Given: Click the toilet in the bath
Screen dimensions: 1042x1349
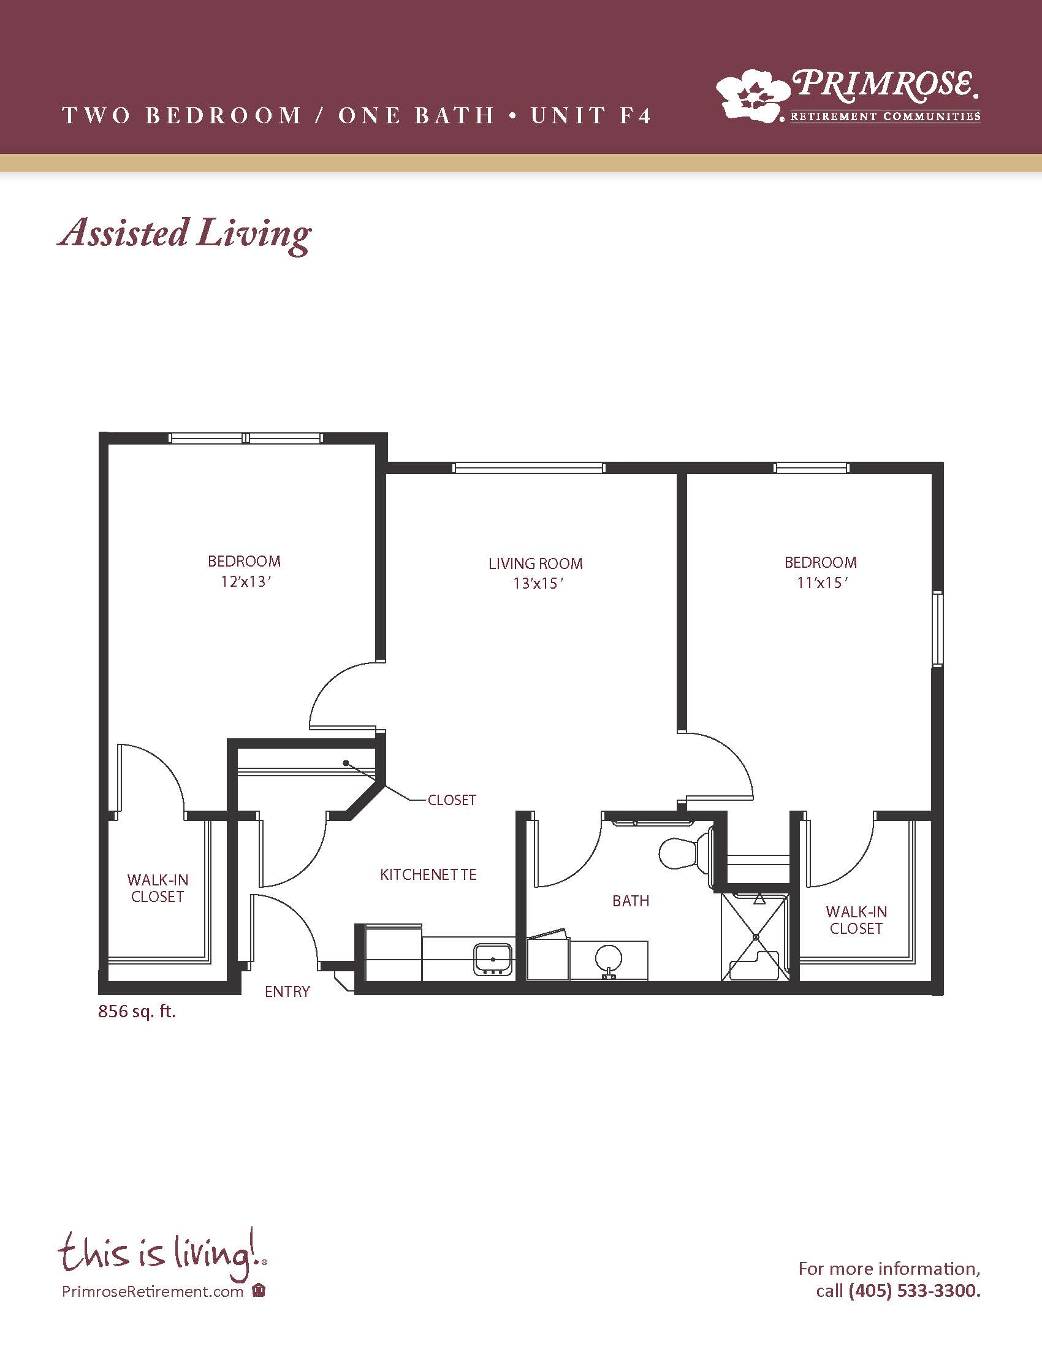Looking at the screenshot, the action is (685, 854).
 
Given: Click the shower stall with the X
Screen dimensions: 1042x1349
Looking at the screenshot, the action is (756, 936).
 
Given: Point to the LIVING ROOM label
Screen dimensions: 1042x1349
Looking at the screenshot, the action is (535, 564).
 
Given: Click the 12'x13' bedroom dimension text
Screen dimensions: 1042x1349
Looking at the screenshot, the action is (246, 582).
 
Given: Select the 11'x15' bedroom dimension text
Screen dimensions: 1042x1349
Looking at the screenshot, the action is (821, 583).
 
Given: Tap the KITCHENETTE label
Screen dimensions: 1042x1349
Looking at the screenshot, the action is (428, 874).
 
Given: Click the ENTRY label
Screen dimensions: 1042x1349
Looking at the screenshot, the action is (287, 992).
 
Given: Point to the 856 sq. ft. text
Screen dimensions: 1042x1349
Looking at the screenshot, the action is (137, 1012).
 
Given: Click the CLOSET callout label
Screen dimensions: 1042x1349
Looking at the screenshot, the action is (452, 800).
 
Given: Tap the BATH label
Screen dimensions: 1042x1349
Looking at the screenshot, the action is (631, 901).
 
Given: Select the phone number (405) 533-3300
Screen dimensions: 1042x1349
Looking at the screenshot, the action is (915, 1290).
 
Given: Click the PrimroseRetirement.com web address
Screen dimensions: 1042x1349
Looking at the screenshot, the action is (153, 1291).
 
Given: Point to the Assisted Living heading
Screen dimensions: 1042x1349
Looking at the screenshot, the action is (184, 235).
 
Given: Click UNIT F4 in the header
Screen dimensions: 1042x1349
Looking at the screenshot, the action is (591, 115).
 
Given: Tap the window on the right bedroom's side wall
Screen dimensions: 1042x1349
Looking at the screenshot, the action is (937, 629).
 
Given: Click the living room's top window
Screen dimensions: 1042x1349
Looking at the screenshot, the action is (528, 468).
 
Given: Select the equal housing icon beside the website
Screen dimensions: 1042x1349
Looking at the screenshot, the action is (259, 1291).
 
